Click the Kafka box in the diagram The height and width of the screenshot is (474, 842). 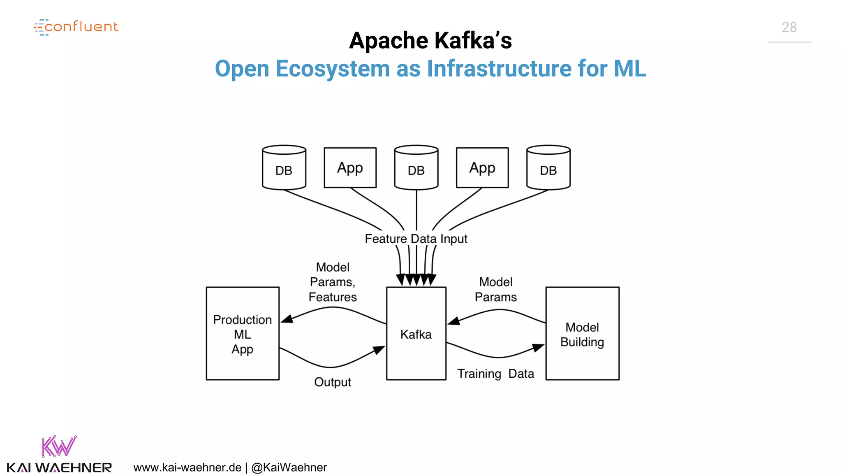pyautogui.click(x=416, y=333)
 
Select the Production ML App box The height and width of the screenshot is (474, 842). pyautogui.click(x=243, y=333)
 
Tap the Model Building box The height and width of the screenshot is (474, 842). pyautogui.click(x=582, y=333)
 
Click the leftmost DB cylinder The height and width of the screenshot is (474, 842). pyautogui.click(x=284, y=168)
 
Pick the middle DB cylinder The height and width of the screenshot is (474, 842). pyautogui.click(x=416, y=168)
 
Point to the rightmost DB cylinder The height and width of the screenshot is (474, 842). pyautogui.click(x=548, y=168)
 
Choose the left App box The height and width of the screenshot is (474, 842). pyautogui.click(x=350, y=167)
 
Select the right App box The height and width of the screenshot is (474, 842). pyautogui.click(x=482, y=167)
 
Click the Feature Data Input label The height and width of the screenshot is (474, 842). pyautogui.click(x=416, y=239)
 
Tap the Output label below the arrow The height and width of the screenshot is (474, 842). pyautogui.click(x=332, y=382)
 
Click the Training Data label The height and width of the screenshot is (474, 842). pyautogui.click(x=495, y=374)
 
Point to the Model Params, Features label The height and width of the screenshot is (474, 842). pyautogui.click(x=333, y=282)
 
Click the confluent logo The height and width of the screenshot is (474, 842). pyautogui.click(x=76, y=27)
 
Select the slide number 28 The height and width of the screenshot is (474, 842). pyautogui.click(x=789, y=27)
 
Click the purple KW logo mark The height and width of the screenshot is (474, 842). pyautogui.click(x=59, y=446)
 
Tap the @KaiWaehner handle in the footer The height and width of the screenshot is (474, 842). pyautogui.click(x=289, y=467)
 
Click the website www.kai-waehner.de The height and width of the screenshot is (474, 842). pyautogui.click(x=187, y=467)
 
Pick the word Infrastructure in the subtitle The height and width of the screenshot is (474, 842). pyautogui.click(x=499, y=68)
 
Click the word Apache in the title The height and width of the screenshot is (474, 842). pyautogui.click(x=389, y=40)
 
